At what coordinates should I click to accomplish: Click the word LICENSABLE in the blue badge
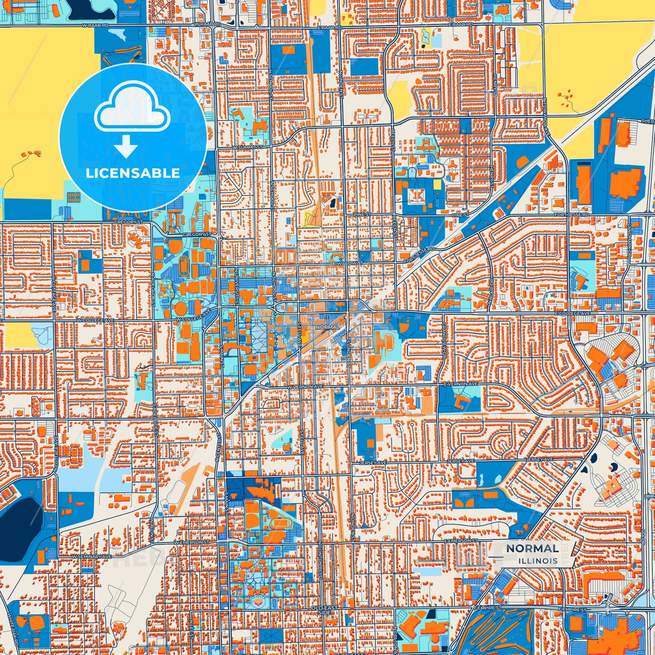point(133,173)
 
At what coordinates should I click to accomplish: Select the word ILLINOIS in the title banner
point(539,561)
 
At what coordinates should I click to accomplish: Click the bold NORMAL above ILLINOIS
point(532,548)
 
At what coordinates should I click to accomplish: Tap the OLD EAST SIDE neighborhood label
point(324,610)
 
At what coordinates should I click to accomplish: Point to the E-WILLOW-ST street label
point(348,263)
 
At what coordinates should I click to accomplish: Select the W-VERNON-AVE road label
point(306,387)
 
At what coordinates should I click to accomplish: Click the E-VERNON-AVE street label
point(461,384)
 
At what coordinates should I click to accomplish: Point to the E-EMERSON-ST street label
point(461,541)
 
